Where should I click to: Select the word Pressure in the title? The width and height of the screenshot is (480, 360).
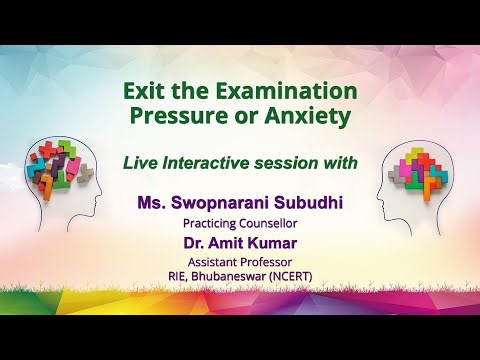point(176,116)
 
